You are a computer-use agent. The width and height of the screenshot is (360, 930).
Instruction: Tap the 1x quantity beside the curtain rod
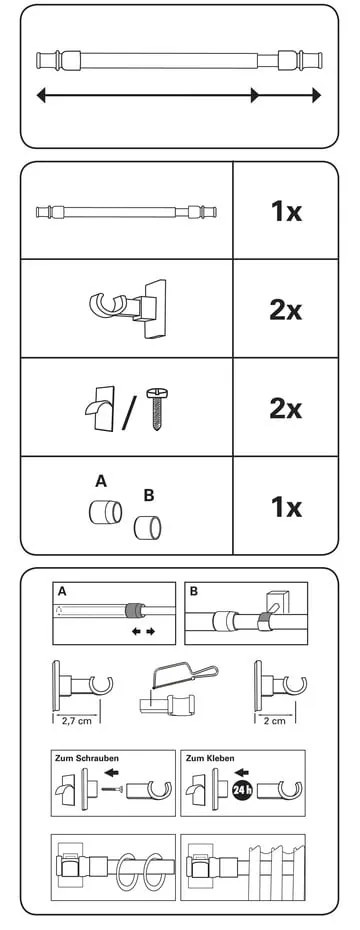[x=286, y=211]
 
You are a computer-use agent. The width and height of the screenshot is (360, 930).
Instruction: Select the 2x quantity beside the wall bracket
[x=286, y=310]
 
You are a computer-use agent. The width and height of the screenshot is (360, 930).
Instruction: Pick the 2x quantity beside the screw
[x=286, y=409]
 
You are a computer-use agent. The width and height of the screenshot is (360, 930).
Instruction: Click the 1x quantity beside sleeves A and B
[x=286, y=508]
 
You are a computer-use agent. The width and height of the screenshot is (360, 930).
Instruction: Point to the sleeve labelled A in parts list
[x=106, y=511]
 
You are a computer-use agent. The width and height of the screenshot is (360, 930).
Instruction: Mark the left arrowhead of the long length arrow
[x=41, y=95]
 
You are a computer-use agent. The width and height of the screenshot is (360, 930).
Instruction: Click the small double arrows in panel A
[x=143, y=632]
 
